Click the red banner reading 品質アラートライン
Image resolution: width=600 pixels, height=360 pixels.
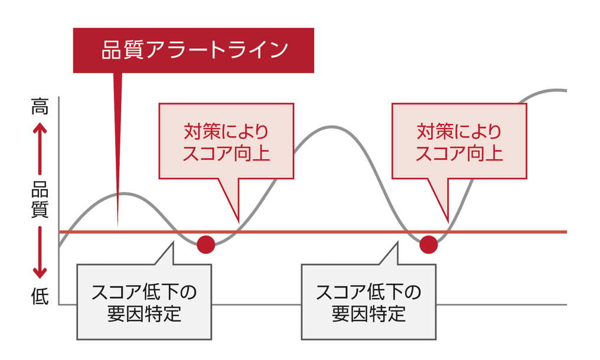pyautogui.click(x=193, y=50)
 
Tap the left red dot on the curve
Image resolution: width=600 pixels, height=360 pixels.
pyautogui.click(x=206, y=244)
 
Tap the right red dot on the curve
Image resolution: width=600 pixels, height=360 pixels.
pyautogui.click(x=429, y=244)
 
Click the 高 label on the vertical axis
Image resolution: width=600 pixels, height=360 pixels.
pyautogui.click(x=40, y=106)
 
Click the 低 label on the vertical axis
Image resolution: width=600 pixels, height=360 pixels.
pyautogui.click(x=40, y=296)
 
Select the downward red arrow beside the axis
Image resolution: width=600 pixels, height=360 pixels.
pyautogui.click(x=40, y=253)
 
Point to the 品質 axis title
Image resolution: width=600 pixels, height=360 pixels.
pyautogui.click(x=40, y=199)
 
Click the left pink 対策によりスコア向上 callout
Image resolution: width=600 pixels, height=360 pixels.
pyautogui.click(x=226, y=141)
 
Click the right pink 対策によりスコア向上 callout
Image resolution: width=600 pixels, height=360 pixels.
pyautogui.click(x=459, y=141)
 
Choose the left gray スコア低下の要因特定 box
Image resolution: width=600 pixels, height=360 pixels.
pyautogui.click(x=144, y=302)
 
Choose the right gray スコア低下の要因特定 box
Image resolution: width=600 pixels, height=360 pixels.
pyautogui.click(x=369, y=302)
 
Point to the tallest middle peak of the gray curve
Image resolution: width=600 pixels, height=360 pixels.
pyautogui.click(x=331, y=127)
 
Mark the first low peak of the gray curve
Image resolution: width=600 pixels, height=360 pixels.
pyautogui.click(x=121, y=194)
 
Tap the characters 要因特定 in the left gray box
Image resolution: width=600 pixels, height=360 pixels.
pyautogui.click(x=144, y=314)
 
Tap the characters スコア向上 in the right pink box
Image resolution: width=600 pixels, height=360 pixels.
pyautogui.click(x=459, y=153)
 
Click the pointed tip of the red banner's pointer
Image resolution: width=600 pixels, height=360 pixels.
pyautogui.click(x=118, y=226)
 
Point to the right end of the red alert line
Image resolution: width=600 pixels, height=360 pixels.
pyautogui.click(x=566, y=232)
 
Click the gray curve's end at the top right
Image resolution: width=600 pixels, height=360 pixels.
pyautogui.click(x=566, y=91)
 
